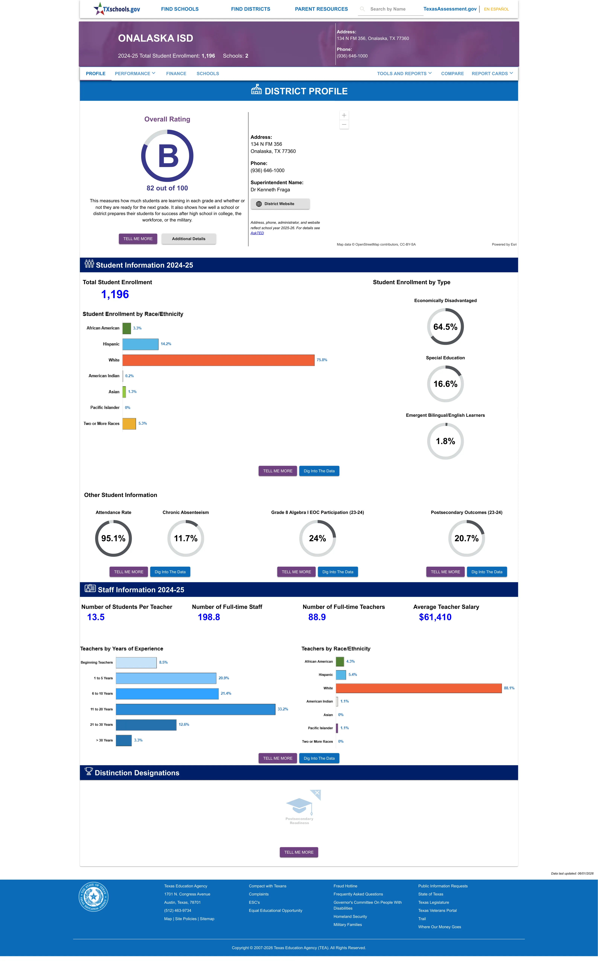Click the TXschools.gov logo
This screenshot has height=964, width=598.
[x=117, y=9]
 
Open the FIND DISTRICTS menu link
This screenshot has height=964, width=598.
[x=250, y=9]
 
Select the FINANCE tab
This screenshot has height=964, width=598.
[x=176, y=74]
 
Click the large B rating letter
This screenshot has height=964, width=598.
[x=168, y=156]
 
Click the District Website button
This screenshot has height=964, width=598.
[x=280, y=204]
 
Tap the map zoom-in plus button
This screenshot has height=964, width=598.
[x=344, y=115]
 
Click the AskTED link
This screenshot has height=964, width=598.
[x=257, y=233]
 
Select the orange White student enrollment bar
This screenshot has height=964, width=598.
[x=218, y=360]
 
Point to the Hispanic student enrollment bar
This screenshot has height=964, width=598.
[x=140, y=344]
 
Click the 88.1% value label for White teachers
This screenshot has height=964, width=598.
[x=509, y=688]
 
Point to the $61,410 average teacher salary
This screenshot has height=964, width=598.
[x=435, y=617]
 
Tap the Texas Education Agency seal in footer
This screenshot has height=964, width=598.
[x=93, y=896]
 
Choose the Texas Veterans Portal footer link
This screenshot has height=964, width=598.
[x=437, y=911]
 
